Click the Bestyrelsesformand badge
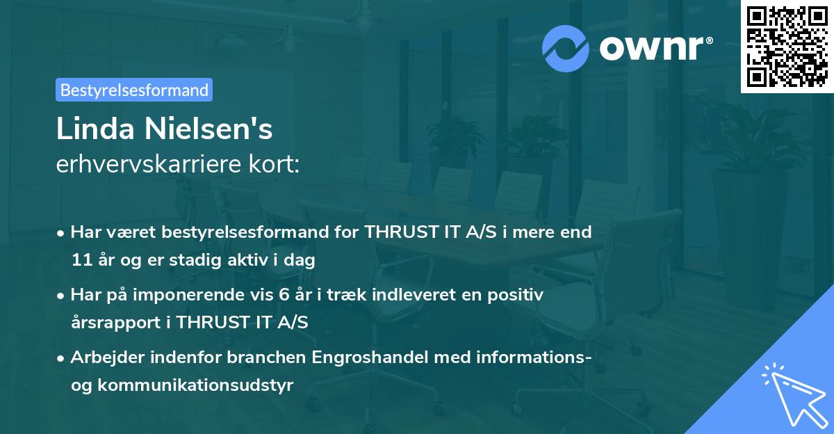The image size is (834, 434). pos(134,90)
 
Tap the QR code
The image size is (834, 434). pos(787,46)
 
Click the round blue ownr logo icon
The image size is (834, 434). pos(565,49)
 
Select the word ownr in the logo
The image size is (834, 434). pos(652,49)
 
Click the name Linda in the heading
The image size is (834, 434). pos(95,129)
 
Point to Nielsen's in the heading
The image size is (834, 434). pos(208,129)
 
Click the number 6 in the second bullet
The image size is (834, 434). pos(284,295)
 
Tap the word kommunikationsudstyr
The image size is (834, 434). pos(195,385)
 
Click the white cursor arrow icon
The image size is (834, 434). pos(795,396)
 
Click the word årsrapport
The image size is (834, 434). pos(115,323)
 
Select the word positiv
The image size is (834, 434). pos(515,296)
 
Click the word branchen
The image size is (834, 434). pos(266,357)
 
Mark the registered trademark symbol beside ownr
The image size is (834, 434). pos(709,40)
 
